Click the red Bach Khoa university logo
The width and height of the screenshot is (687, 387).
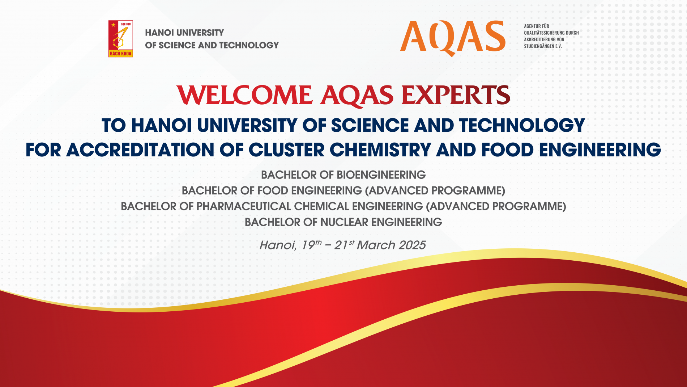121,39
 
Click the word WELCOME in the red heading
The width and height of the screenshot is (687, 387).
244,95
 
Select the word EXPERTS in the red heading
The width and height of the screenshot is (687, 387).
456,95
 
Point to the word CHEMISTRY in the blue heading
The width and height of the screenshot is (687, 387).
380,150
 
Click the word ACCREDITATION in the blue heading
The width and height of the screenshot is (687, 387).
140,150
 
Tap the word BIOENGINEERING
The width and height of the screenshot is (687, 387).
381,175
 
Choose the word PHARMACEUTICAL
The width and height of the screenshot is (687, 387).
244,206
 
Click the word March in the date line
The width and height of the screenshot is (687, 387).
376,245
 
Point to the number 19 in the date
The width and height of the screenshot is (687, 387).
308,245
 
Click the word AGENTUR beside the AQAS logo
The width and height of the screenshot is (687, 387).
532,26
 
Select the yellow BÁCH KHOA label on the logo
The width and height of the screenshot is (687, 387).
121,54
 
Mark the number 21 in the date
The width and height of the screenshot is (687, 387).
341,245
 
